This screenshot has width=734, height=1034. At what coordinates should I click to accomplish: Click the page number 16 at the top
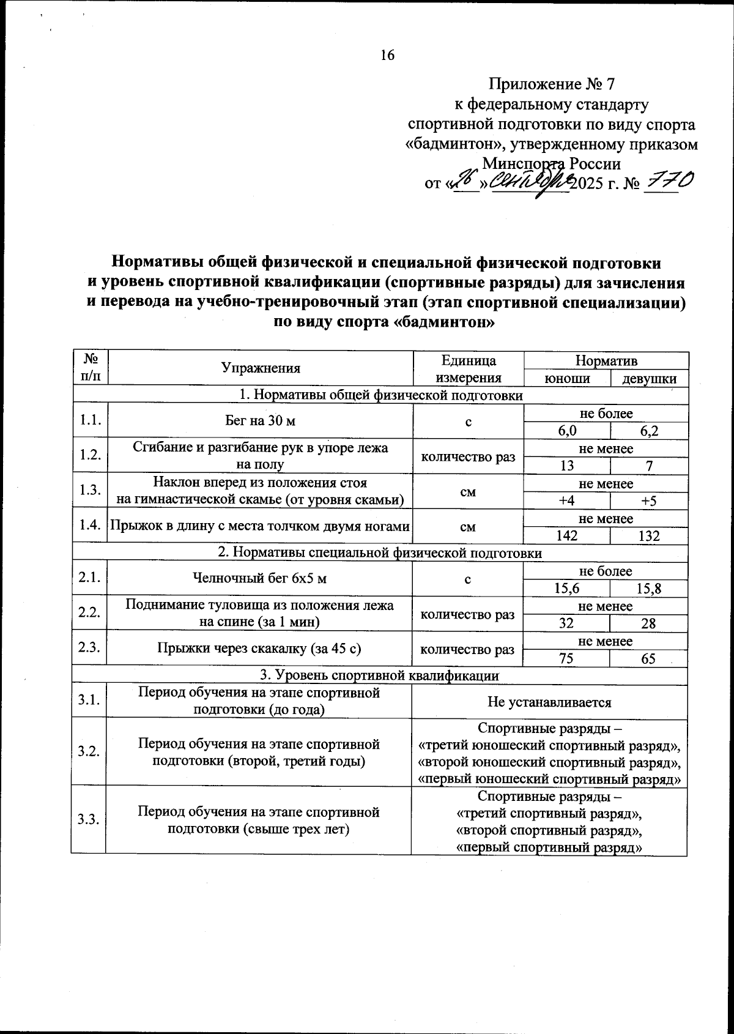click(388, 55)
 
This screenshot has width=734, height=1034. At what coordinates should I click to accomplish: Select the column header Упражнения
click(261, 368)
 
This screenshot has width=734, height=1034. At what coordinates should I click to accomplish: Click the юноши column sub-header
click(567, 379)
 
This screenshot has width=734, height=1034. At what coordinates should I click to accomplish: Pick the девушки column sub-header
click(649, 379)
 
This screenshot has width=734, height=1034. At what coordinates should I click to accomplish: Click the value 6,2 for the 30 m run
click(649, 431)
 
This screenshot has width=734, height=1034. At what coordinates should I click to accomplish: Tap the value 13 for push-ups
click(567, 466)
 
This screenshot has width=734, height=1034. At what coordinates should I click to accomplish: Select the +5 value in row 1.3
click(649, 501)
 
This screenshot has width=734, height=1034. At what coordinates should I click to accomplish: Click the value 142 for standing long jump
click(567, 536)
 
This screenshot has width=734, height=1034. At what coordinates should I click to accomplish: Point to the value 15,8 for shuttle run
click(649, 589)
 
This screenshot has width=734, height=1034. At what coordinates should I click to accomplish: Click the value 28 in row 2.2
click(649, 623)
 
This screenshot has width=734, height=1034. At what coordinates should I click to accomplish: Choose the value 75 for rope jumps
click(567, 658)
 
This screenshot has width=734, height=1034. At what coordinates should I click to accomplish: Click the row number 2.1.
click(89, 579)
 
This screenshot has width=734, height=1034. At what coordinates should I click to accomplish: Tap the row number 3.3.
click(89, 820)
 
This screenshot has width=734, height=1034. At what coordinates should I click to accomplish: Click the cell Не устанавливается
click(549, 702)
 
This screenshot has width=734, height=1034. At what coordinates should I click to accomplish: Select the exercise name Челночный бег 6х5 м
click(259, 578)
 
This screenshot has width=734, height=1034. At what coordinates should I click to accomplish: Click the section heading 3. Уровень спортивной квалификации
click(380, 675)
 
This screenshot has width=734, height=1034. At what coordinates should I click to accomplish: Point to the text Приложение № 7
click(555, 84)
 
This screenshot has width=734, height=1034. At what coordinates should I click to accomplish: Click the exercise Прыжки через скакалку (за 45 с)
click(259, 649)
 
